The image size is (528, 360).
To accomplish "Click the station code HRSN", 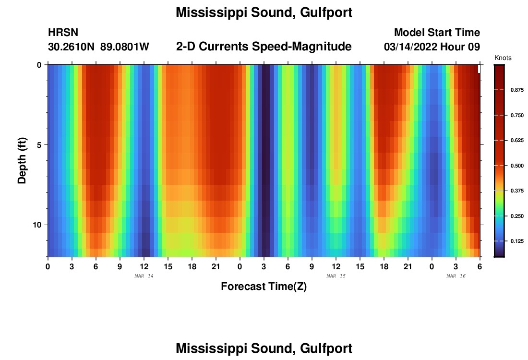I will click(63, 33).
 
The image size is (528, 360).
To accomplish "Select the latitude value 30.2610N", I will click(72, 47).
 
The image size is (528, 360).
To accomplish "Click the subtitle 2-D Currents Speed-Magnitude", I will click(264, 47).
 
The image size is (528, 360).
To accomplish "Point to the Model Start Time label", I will click(437, 33).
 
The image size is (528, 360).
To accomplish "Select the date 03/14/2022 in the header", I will click(413, 47).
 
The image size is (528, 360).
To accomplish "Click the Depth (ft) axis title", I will click(22, 161).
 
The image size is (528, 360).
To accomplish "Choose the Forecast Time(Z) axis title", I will click(264, 287).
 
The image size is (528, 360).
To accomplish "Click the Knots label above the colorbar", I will click(503, 58).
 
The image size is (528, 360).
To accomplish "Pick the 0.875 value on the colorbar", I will click(517, 90).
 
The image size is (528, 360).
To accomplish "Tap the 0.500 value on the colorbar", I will click(517, 166).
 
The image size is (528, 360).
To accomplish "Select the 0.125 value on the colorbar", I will click(517, 241).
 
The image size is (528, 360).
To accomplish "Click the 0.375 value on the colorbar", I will click(517, 191).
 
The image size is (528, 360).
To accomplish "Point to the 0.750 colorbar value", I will click(517, 115).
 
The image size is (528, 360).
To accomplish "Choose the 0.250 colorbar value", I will click(517, 216).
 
